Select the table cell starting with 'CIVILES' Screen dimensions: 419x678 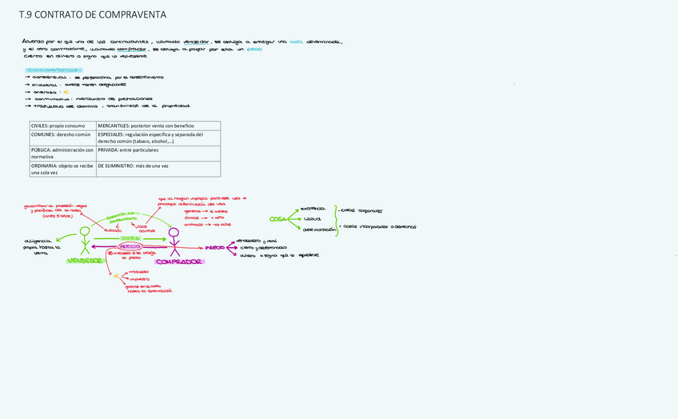click(62, 126)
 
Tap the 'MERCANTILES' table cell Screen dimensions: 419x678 click(158, 126)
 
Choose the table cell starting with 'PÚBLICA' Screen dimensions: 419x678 click(62, 154)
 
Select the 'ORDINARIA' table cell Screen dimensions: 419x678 click(62, 169)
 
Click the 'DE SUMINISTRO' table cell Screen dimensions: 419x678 click(158, 166)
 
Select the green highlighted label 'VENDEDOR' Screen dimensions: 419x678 click(85, 261)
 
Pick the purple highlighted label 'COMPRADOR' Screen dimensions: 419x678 click(179, 261)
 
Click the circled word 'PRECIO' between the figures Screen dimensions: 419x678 click(130, 246)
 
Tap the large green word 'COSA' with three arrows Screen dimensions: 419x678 click(277, 218)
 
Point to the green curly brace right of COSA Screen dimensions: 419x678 click(336, 218)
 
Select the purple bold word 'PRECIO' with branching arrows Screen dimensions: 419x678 click(214, 248)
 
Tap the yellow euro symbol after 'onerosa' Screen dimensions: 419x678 click(66, 91)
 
